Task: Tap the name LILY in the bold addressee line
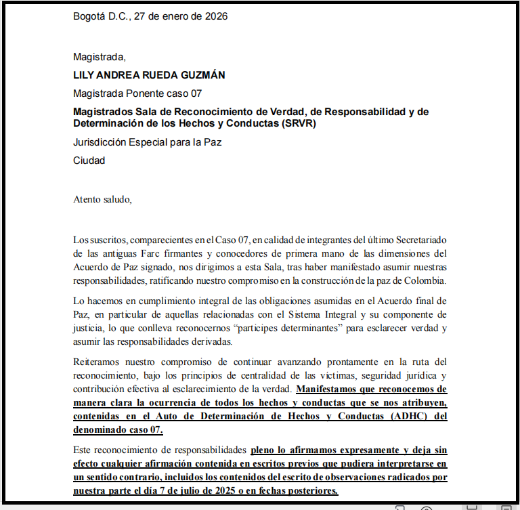click(85, 75)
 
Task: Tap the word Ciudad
click(89, 161)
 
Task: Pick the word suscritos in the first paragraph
click(107, 240)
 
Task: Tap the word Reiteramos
click(97, 362)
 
